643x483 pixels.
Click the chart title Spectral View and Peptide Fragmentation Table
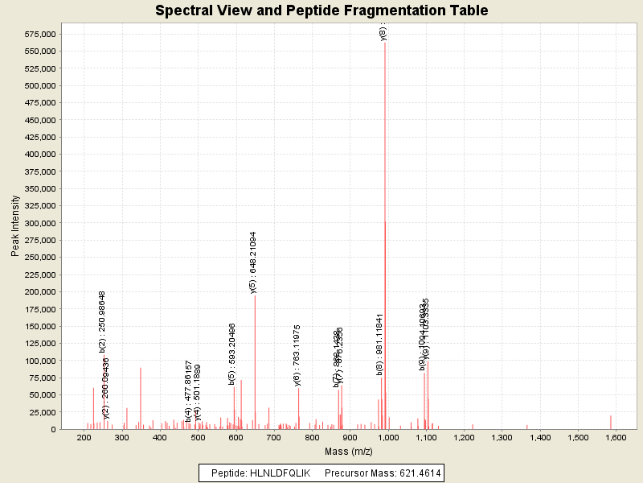tap(321, 10)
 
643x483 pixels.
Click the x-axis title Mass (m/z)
tap(349, 452)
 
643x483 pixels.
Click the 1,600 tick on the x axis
tap(616, 437)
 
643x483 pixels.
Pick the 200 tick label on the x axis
tap(84, 437)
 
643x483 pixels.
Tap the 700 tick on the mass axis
tap(273, 437)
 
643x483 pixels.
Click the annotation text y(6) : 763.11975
tap(297, 355)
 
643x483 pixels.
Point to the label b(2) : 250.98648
tap(103, 321)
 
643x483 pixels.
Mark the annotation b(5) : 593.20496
tap(233, 354)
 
